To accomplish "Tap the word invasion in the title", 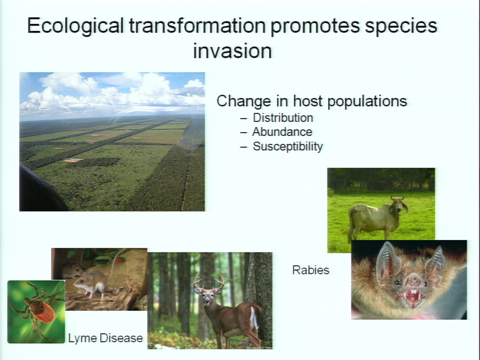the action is pyautogui.click(x=232, y=51).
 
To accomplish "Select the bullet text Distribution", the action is pyautogui.click(x=283, y=118).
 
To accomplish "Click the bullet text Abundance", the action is pyautogui.click(x=282, y=132).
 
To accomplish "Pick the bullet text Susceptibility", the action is pyautogui.click(x=288, y=146).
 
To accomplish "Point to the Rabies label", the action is pyautogui.click(x=310, y=270).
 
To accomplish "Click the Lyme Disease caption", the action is pyautogui.click(x=105, y=338).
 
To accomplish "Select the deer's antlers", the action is pyautogui.click(x=208, y=281).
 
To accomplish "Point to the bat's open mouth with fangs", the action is pyautogui.click(x=412, y=297).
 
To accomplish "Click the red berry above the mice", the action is pyautogui.click(x=119, y=260).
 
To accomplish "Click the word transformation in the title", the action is pyautogui.click(x=197, y=25).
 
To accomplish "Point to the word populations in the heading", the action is pyautogui.click(x=367, y=101).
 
